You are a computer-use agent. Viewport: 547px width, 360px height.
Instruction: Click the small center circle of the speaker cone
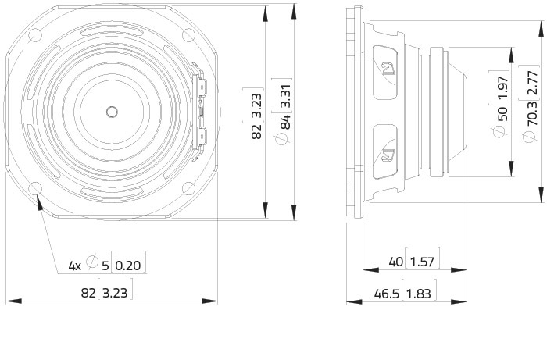(112, 112)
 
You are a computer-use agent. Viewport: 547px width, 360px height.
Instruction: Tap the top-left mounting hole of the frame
(35, 36)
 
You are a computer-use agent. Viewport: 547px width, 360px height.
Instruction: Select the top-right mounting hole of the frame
(188, 36)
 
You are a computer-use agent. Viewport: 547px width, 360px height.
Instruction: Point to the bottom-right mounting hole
(188, 189)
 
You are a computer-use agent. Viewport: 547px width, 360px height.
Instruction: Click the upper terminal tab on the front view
(202, 87)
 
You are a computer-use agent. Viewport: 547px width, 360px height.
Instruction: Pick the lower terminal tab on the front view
(202, 136)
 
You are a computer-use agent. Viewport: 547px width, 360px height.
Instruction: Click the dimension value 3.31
(285, 95)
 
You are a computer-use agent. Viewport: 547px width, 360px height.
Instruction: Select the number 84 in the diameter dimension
(285, 122)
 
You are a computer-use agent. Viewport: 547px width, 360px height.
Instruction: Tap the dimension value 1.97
(502, 87)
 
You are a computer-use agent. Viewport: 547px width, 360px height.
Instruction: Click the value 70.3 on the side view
(532, 114)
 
